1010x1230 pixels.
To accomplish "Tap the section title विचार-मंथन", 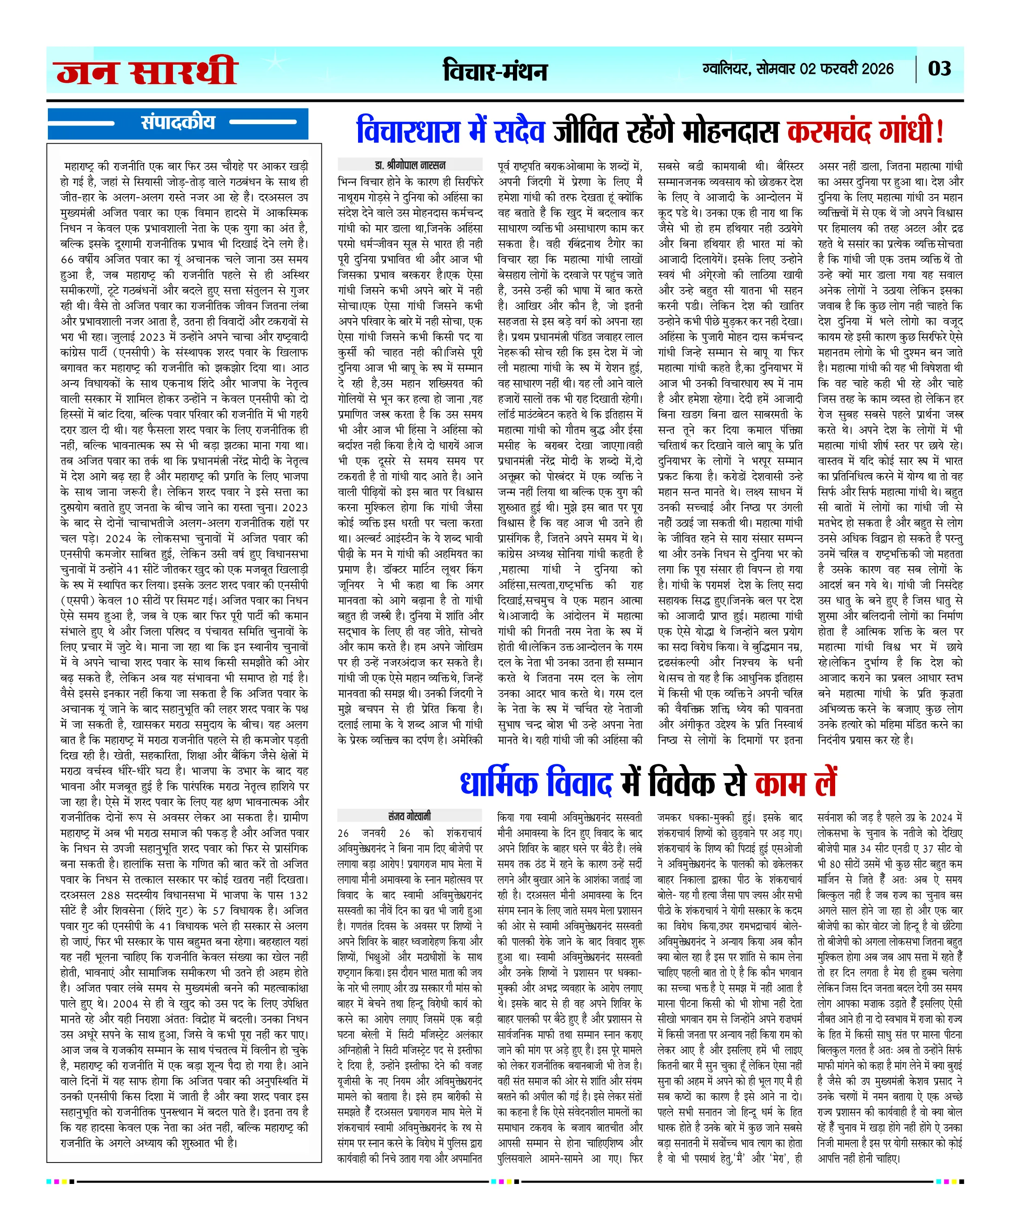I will [x=495, y=71].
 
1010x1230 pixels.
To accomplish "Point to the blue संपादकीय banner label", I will [x=178, y=122].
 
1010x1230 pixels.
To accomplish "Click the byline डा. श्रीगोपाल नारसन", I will [x=410, y=165].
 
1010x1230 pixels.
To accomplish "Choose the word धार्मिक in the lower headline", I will [x=498, y=783].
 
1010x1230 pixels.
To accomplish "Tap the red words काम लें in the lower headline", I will [x=795, y=783].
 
